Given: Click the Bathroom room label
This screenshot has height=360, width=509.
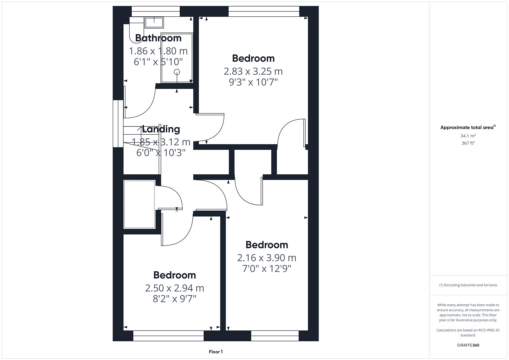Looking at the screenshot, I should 158,38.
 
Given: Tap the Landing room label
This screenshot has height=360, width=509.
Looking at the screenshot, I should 161,129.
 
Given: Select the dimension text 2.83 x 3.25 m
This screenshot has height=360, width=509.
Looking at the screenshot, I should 253,71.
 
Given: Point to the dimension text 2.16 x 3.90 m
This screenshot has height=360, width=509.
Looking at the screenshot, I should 267,258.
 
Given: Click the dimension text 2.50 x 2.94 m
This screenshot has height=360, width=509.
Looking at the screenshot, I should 174,288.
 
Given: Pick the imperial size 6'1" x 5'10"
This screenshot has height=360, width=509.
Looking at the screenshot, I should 158,62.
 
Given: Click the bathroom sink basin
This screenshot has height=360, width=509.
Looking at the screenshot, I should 154,22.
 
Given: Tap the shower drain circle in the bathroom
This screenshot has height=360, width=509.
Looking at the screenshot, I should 177,72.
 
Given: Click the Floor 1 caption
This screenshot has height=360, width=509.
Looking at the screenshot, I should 216,352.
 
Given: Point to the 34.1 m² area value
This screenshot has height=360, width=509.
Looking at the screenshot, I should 468,136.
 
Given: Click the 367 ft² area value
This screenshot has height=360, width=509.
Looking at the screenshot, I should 468,143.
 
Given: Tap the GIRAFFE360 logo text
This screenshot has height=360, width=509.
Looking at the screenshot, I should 468,345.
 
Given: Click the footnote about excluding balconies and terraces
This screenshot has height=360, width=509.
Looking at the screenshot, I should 468,285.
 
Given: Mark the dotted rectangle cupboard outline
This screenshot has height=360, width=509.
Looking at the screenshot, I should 139,204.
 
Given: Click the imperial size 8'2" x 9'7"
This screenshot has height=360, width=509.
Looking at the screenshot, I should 174,299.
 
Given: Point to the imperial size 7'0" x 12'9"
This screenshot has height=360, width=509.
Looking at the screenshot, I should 267,268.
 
